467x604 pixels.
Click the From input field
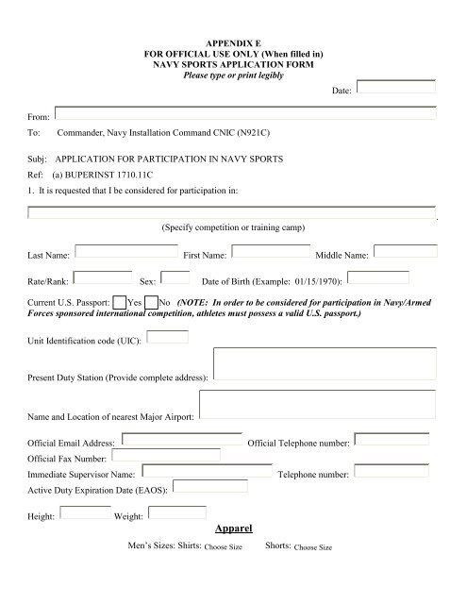point(245,113)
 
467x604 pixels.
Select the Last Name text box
point(125,252)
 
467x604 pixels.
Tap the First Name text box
point(270,252)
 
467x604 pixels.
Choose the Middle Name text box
point(405,252)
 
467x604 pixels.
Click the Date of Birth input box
point(385,277)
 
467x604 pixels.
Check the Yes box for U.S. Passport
point(119,301)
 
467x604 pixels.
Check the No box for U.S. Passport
point(151,301)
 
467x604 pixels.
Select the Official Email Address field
point(183,439)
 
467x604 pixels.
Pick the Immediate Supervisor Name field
point(207,471)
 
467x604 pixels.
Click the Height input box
point(85,512)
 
